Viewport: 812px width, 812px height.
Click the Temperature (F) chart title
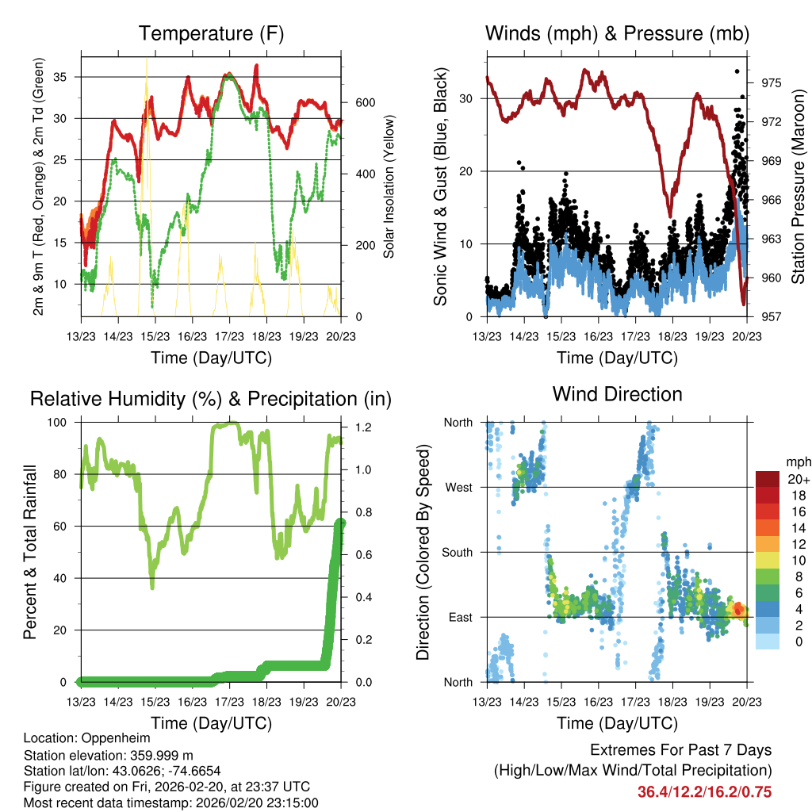click(x=210, y=34)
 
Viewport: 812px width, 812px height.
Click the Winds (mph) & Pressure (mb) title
click(x=617, y=34)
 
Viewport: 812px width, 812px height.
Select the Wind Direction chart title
click(x=617, y=394)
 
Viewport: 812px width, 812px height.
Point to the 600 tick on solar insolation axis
click(x=364, y=103)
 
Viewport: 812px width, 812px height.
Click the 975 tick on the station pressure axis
click(x=772, y=82)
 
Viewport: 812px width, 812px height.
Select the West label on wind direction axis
click(x=458, y=488)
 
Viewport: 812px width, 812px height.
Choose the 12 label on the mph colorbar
click(x=799, y=544)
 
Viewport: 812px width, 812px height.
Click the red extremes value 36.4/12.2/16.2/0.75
click(x=704, y=791)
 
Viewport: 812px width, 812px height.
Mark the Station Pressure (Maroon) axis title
click(x=799, y=186)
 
